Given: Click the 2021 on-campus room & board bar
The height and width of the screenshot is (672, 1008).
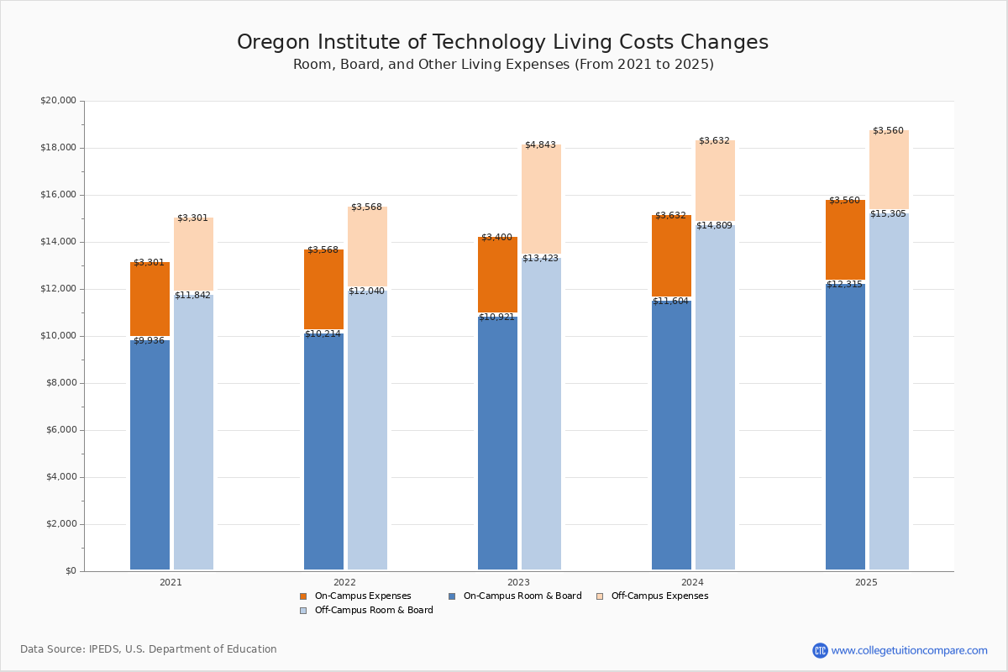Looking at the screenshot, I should pyautogui.click(x=150, y=454).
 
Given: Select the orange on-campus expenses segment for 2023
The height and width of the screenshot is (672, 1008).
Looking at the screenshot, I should pyautogui.click(x=497, y=276).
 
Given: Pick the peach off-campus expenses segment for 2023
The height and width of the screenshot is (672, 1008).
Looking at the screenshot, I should pyautogui.click(x=541, y=200).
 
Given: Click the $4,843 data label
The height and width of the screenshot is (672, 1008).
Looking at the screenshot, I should pyautogui.click(x=540, y=145).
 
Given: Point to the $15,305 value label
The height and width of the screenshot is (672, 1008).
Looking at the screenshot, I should pyautogui.click(x=888, y=214).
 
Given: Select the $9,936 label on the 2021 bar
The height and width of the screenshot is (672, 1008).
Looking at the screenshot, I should pyautogui.click(x=150, y=341).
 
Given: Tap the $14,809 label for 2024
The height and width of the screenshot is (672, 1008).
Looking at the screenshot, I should pyautogui.click(x=714, y=226).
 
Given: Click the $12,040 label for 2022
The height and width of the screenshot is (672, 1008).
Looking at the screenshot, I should pyautogui.click(x=366, y=291).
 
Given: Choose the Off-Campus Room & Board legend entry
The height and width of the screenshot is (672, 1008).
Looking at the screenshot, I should pyautogui.click(x=373, y=611).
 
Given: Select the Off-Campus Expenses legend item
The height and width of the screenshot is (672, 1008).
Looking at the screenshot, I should pyautogui.click(x=659, y=596).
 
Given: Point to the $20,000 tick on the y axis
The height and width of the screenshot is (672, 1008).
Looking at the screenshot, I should pyautogui.click(x=58, y=101).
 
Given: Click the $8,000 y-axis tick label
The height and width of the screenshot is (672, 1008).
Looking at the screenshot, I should pyautogui.click(x=60, y=383).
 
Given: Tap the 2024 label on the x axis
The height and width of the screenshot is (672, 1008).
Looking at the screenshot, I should pyautogui.click(x=692, y=582).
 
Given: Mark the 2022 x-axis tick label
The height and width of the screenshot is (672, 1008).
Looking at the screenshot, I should pyautogui.click(x=344, y=582).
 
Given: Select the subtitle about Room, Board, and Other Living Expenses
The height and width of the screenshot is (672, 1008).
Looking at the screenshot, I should pyautogui.click(x=503, y=65).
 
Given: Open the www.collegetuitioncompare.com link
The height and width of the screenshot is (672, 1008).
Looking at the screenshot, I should pyautogui.click(x=909, y=650).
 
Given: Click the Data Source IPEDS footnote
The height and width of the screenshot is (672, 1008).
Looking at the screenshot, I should pyautogui.click(x=149, y=649).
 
